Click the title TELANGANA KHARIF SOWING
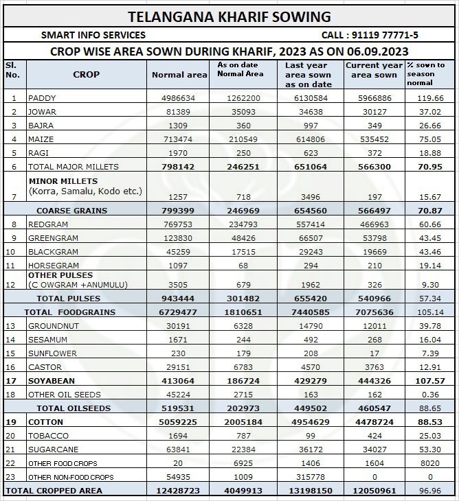coord(229,16)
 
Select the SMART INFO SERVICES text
coord(93,35)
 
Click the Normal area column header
coord(179,75)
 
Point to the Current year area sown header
coord(371,70)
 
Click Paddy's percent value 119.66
coord(430,98)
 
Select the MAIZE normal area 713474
coord(179,139)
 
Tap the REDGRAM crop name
coord(49,224)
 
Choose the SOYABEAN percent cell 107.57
coord(430,381)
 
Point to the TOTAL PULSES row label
coord(68,299)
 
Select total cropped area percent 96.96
coord(430,491)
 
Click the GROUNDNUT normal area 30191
coord(179,326)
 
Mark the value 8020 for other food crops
coord(430,463)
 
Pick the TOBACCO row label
coord(47,436)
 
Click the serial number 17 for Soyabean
coord(11,381)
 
